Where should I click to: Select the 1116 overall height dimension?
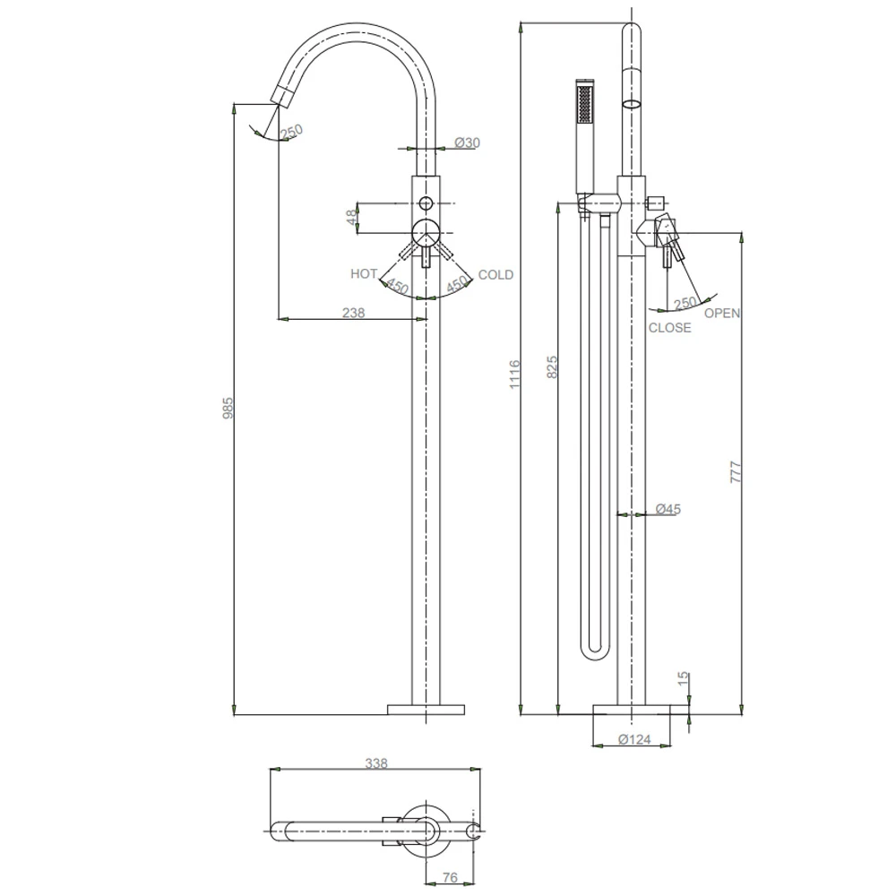[x=514, y=374]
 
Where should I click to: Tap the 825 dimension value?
[x=552, y=367]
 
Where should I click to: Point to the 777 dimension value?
[x=736, y=471]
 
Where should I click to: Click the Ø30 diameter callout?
[x=468, y=142]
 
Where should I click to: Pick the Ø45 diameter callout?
[x=668, y=509]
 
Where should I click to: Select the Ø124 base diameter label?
[x=634, y=740]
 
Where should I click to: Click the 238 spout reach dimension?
[x=354, y=313]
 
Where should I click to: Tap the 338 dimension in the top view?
[x=376, y=763]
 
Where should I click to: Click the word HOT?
[x=364, y=274]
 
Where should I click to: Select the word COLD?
[x=495, y=274]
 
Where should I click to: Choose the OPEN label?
[x=721, y=314]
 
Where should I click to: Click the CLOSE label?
[x=670, y=328]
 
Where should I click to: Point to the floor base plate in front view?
[x=426, y=710]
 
